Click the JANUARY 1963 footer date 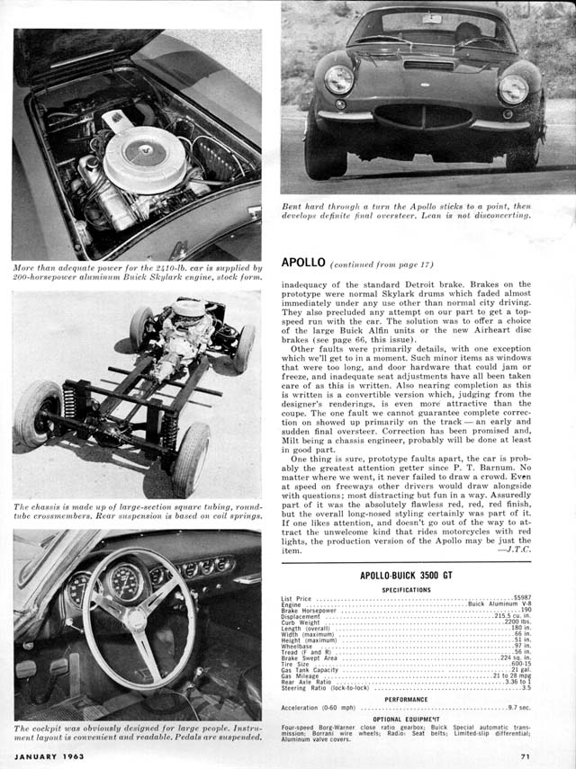49,756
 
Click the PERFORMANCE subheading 406,698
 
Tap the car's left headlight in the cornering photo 339,80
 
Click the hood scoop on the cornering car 429,65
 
